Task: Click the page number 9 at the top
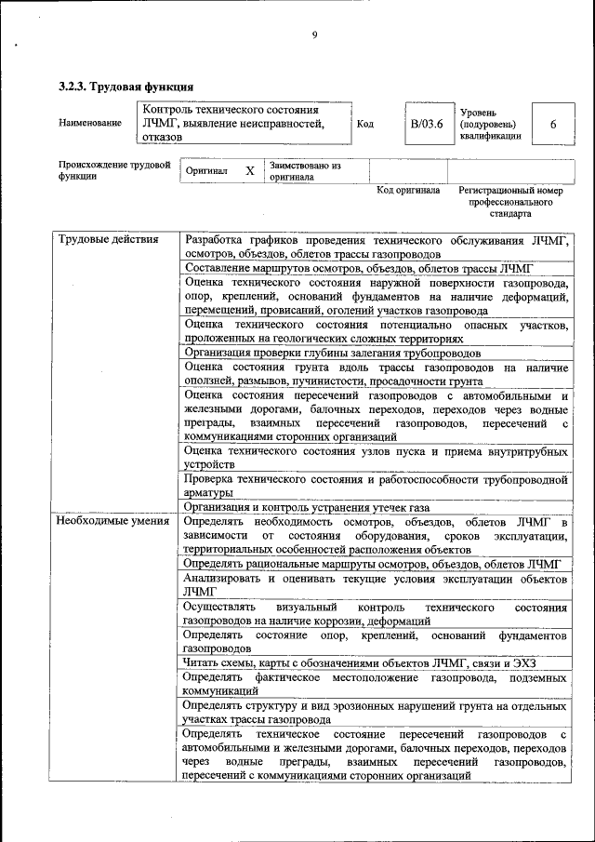coord(314,35)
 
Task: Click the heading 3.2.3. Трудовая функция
coord(126,87)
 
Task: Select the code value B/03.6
coord(428,123)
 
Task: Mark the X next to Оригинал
coord(249,171)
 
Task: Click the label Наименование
coord(89,123)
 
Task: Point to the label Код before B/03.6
coord(364,123)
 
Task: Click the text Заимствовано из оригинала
coord(306,170)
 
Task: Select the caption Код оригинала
coord(408,191)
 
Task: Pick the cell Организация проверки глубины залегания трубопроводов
coord(332,353)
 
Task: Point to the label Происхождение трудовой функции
coord(113,170)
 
